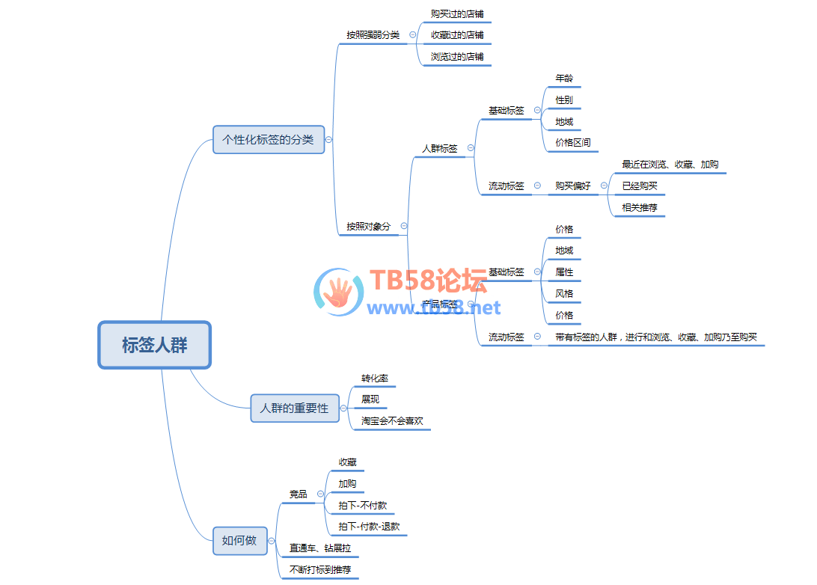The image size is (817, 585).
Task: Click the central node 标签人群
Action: [x=155, y=345]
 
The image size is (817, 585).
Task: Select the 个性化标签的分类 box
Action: [x=269, y=140]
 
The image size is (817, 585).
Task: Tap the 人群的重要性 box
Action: [x=294, y=408]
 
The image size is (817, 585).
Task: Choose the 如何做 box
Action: [x=239, y=540]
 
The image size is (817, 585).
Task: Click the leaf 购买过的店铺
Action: [x=457, y=14]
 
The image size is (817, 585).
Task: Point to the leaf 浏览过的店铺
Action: [x=457, y=56]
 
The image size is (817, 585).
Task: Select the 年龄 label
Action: [x=564, y=78]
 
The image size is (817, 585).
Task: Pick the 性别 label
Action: [x=564, y=99]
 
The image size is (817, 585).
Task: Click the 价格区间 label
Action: [x=573, y=142]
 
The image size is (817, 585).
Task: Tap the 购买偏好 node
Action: [x=573, y=186]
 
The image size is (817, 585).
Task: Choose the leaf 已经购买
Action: [x=640, y=186]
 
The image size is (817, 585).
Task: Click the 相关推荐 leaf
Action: [x=640, y=207]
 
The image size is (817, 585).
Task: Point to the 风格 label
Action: [x=564, y=294]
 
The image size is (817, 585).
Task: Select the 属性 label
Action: [x=564, y=272]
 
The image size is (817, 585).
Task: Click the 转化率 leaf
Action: [x=374, y=378]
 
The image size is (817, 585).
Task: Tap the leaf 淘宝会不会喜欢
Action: [x=392, y=421]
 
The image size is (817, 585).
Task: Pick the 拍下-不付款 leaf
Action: [x=362, y=506]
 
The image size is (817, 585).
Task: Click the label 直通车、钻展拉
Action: [x=320, y=548]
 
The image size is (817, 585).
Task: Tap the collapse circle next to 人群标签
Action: [x=471, y=148]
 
